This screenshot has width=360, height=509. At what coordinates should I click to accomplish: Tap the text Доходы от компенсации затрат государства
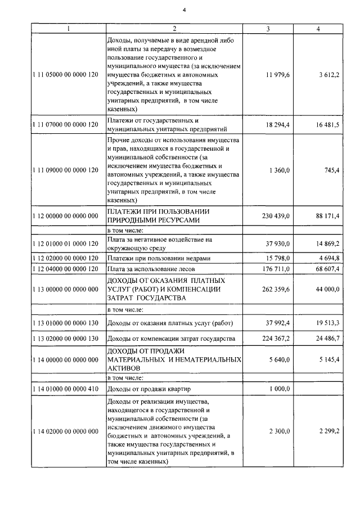coord(171,339)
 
